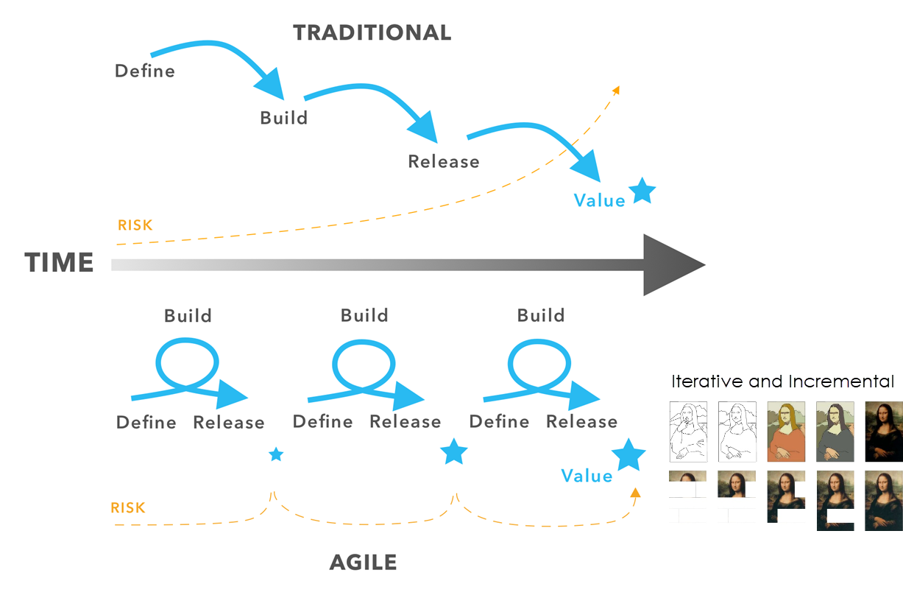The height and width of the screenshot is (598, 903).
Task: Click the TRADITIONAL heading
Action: tap(372, 32)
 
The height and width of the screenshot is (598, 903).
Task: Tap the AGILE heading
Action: tap(364, 562)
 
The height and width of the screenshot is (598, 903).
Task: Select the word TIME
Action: tap(60, 262)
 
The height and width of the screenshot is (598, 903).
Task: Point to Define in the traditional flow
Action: tap(145, 71)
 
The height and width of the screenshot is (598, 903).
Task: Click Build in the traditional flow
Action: tap(284, 118)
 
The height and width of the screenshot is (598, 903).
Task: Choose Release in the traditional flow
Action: tap(444, 161)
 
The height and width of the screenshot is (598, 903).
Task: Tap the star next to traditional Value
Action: tap(642, 191)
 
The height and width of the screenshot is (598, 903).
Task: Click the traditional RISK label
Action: tap(135, 225)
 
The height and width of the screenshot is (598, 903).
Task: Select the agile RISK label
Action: tap(128, 507)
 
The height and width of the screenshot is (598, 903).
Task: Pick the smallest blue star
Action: tap(276, 454)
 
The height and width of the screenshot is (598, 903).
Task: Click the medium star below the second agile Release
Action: tap(453, 451)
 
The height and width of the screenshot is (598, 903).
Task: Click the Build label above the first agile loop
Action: tap(188, 315)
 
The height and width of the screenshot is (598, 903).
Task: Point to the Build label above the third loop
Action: tap(541, 315)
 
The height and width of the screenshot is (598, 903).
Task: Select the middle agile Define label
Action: tap(322, 422)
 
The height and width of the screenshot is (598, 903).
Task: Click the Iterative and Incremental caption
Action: tap(782, 381)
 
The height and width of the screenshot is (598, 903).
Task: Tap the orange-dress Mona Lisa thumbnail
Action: tap(786, 432)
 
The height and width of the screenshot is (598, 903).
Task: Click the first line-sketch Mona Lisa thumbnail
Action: tap(688, 432)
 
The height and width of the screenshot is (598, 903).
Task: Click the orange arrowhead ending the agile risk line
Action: tap(635, 492)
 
